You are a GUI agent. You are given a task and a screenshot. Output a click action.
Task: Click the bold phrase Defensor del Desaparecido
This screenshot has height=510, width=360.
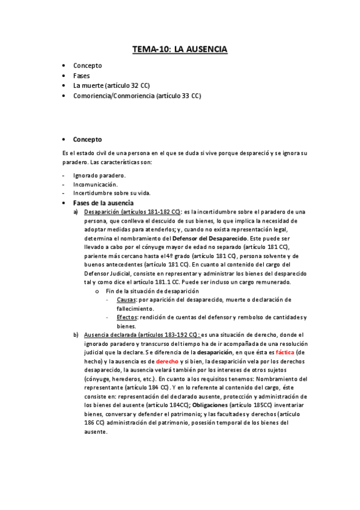coord(208,238)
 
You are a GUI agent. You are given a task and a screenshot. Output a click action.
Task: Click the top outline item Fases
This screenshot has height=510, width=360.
coord(82,76)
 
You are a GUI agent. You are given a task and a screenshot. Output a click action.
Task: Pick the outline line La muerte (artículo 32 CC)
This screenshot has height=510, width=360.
coord(111,85)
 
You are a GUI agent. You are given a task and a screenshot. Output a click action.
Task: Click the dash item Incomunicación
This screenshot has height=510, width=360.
coord(96,184)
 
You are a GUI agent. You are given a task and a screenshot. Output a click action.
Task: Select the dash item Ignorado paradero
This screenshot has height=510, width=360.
coord(100,175)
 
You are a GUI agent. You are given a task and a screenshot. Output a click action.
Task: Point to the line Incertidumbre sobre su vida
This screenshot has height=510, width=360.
coord(112,193)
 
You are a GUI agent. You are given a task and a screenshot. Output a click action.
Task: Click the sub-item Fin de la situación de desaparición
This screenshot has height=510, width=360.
coord(153,290)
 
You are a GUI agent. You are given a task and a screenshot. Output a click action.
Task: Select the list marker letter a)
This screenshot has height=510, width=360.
coord(76,212)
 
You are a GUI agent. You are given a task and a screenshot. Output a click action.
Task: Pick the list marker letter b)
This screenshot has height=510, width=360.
coord(76,334)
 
